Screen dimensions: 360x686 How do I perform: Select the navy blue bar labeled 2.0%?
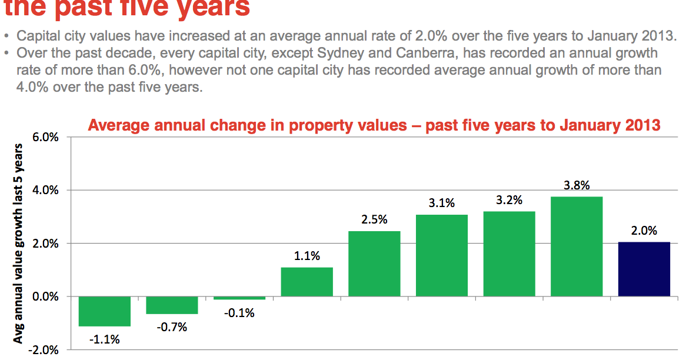tap(644, 269)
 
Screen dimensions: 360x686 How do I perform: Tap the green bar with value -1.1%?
tap(104, 311)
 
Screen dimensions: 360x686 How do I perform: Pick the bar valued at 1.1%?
tap(307, 282)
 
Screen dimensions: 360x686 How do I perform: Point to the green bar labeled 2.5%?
tap(374, 264)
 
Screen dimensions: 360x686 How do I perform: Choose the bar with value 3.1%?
tap(442, 255)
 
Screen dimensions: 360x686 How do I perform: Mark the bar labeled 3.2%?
tap(509, 254)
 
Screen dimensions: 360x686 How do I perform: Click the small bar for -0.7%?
tap(172, 305)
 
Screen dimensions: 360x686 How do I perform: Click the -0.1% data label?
tap(239, 313)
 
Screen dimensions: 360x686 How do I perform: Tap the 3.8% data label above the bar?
tap(577, 185)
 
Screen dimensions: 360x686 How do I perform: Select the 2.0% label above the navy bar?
tap(644, 231)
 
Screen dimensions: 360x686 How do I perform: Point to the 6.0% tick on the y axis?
tap(44, 137)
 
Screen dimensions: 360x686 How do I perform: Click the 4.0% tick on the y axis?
tap(44, 191)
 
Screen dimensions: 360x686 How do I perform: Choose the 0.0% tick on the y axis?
tap(44, 296)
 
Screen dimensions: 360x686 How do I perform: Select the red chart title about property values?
tap(374, 125)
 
